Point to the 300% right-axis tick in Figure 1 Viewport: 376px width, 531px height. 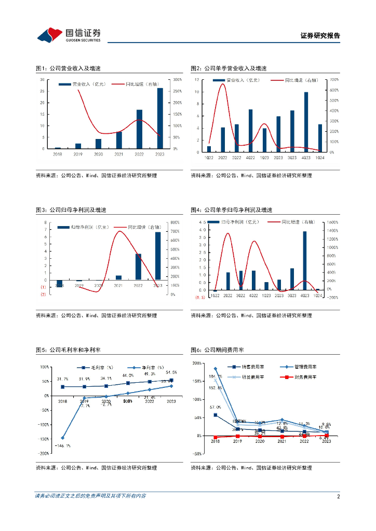coord(177,79)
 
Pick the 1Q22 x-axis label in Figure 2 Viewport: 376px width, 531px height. coord(209,157)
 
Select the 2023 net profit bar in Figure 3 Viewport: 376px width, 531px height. coord(158,256)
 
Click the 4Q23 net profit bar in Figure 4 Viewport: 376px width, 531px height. coord(305,261)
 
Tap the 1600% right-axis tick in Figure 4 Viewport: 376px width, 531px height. coord(332,222)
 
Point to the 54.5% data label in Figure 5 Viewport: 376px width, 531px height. coord(171,372)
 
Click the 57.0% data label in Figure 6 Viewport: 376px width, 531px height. coord(216,407)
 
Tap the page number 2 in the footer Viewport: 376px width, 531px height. coord(338,496)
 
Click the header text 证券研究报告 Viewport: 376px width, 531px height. coord(320,36)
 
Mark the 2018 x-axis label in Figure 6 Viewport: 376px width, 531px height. coord(216,441)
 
